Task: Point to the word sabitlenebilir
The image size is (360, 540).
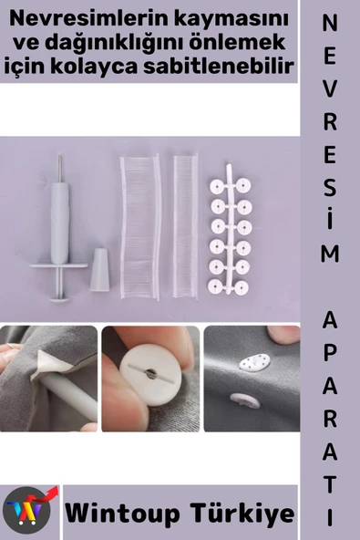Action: [218, 65]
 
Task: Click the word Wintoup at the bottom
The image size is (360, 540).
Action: [122, 514]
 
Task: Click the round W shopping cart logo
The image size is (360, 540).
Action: [26, 510]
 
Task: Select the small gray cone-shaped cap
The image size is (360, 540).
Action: [99, 270]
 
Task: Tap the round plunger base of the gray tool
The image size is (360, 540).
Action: [59, 298]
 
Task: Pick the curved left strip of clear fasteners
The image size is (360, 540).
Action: [140, 227]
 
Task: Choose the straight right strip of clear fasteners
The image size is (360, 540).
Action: [186, 226]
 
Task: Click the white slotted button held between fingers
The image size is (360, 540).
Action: [150, 375]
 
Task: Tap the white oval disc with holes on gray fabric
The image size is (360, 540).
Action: [255, 360]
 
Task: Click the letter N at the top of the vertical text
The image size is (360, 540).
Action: [330, 24]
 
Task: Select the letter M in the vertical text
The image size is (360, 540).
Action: [330, 254]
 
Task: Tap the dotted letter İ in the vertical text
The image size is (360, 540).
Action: [330, 219]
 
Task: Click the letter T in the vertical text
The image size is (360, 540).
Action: [330, 484]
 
